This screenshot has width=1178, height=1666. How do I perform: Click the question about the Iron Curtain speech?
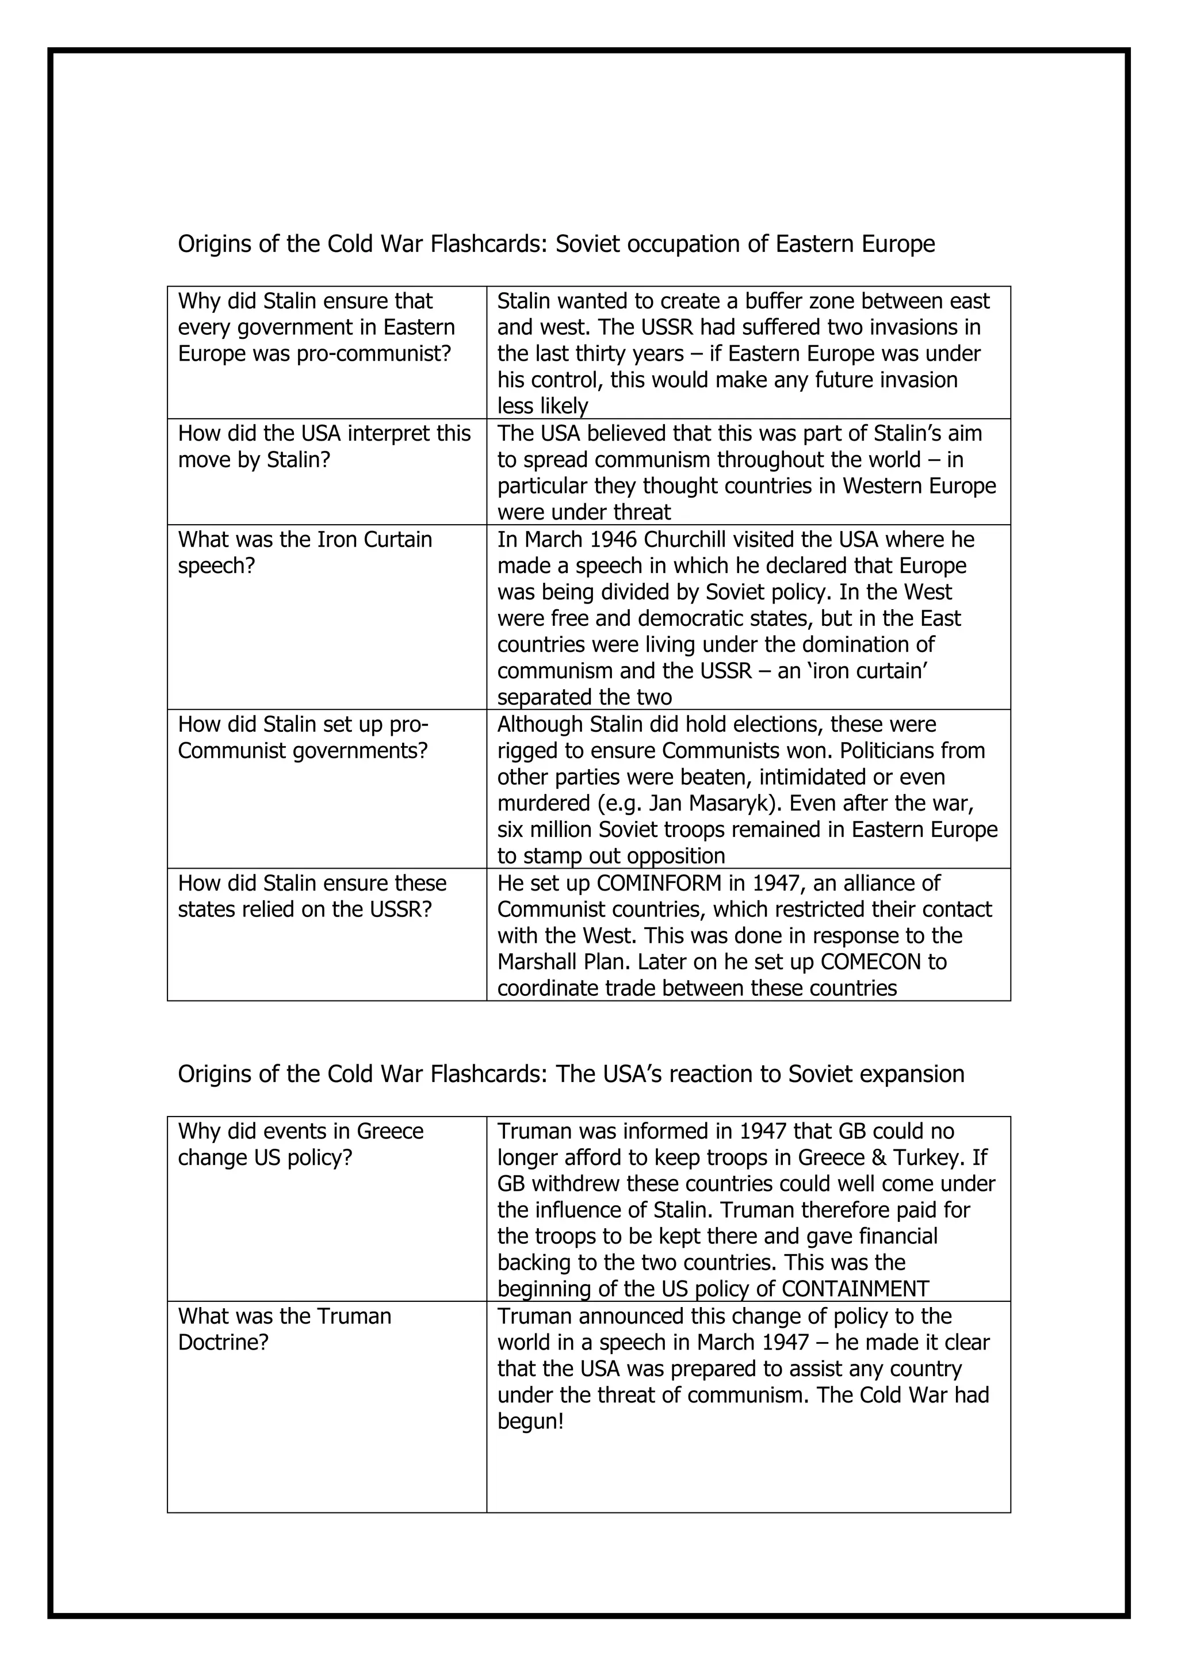coord(305,552)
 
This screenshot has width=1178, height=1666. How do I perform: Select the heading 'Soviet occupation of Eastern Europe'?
coord(745,244)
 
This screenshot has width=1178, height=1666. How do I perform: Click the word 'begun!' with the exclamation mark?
coord(530,1422)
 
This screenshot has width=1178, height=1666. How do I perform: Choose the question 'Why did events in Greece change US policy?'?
coord(300,1144)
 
